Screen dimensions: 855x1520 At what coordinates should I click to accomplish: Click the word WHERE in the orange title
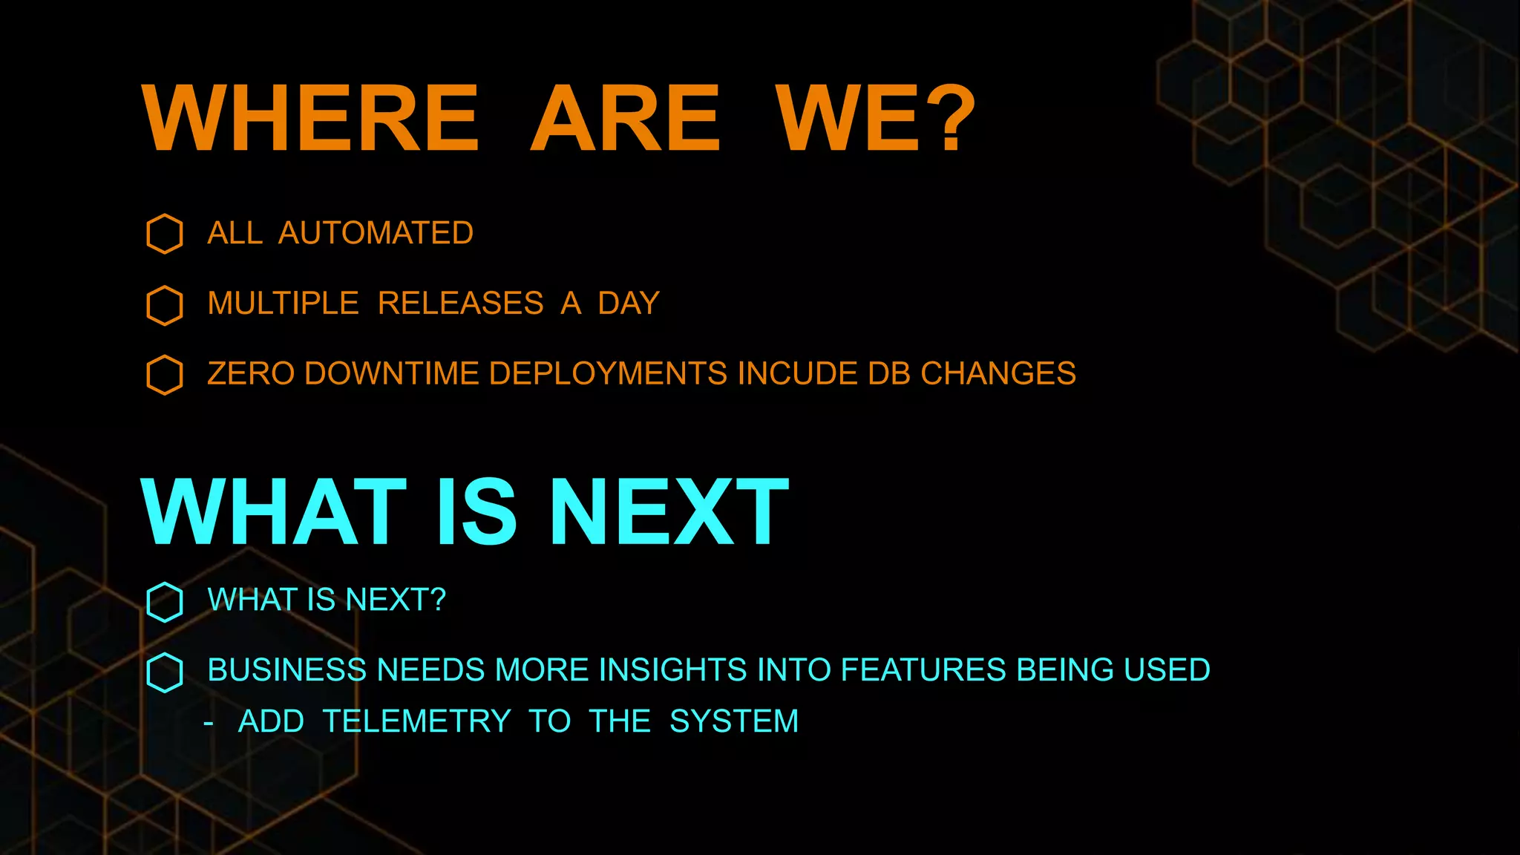pos(310,119)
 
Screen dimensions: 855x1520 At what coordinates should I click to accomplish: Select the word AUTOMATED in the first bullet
pos(376,233)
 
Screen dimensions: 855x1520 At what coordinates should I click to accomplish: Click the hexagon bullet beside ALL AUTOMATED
pos(165,234)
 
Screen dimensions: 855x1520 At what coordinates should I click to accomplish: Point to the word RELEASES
pos(460,304)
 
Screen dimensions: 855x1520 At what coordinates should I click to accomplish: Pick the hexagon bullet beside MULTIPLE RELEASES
pos(165,305)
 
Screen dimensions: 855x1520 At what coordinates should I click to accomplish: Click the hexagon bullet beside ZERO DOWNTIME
pos(165,375)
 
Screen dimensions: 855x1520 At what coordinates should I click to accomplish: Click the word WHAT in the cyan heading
pos(273,512)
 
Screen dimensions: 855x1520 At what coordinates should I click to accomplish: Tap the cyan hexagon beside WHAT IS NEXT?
pos(165,601)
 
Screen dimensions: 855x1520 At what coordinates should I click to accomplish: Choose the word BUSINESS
pos(286,670)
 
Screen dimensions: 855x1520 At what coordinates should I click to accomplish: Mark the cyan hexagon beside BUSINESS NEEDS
pos(165,672)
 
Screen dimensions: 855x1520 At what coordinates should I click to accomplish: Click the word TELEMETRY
pos(417,721)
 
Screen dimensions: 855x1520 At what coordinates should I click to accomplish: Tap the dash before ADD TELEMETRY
pos(209,723)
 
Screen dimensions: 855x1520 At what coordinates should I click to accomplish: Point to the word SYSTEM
pos(733,721)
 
